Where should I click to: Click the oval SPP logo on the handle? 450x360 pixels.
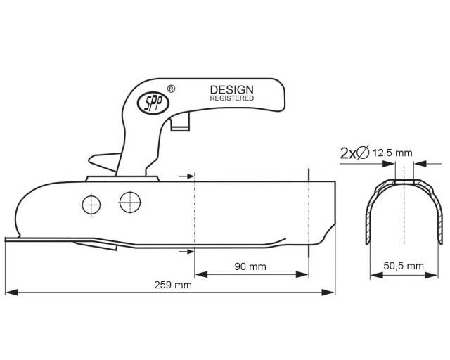(153, 103)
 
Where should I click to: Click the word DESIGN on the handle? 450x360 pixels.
(232, 90)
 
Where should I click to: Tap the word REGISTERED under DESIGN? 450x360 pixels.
(232, 98)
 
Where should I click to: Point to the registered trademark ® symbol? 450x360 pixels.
(171, 89)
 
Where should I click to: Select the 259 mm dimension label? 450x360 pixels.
(173, 285)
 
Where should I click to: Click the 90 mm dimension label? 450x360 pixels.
(250, 266)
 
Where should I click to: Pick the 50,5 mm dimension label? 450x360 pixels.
(404, 266)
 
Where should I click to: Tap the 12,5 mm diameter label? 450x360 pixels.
(392, 153)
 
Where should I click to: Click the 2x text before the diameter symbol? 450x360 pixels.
(347, 153)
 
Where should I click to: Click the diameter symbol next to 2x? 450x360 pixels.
(363, 152)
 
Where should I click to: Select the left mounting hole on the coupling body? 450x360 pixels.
(91, 205)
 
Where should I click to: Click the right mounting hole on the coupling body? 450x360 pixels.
(130, 202)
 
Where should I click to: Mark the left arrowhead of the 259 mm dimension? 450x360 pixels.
(12, 292)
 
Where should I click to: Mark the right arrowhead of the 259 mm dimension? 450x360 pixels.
(328, 292)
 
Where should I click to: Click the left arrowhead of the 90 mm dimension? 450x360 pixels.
(201, 274)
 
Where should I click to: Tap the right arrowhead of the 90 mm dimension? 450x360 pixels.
(302, 274)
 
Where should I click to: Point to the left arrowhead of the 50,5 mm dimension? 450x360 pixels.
(377, 276)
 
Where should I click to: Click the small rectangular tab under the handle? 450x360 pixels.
(180, 122)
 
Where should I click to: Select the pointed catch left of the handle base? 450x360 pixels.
(105, 162)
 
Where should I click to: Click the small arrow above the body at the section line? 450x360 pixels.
(186, 176)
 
